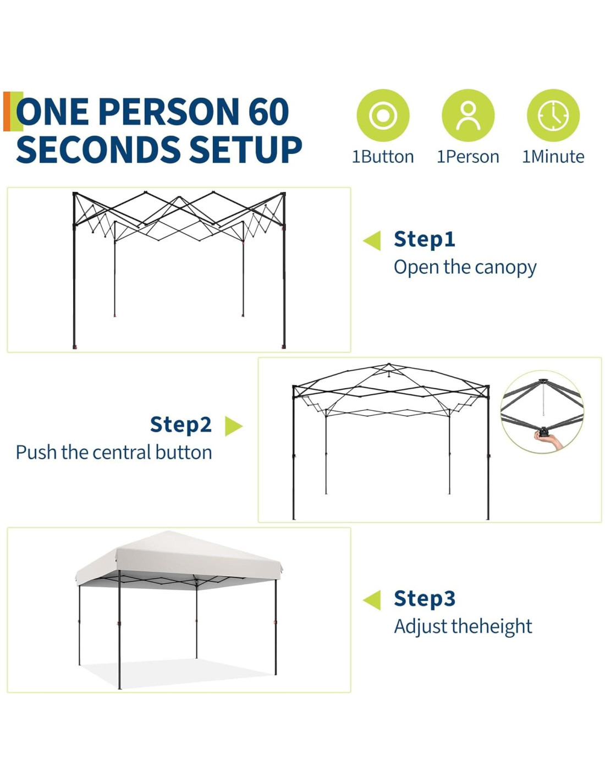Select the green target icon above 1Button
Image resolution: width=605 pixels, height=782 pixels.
[383, 115]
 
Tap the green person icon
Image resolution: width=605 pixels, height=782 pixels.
[468, 115]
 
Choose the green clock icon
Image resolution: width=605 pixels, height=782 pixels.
[553, 115]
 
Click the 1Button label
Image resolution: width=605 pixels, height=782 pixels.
[383, 157]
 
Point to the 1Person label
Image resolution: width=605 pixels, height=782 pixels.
[468, 157]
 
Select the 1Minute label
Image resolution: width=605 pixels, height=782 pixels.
[553, 157]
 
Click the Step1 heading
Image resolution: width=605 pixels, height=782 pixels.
[425, 239]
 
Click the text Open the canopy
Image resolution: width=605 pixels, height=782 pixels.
[465, 268]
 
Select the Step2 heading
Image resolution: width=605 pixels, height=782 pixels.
[180, 425]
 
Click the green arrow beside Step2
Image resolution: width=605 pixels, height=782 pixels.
[234, 426]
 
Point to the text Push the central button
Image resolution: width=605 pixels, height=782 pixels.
[114, 453]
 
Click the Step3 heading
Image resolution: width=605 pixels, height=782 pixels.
[425, 598]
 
